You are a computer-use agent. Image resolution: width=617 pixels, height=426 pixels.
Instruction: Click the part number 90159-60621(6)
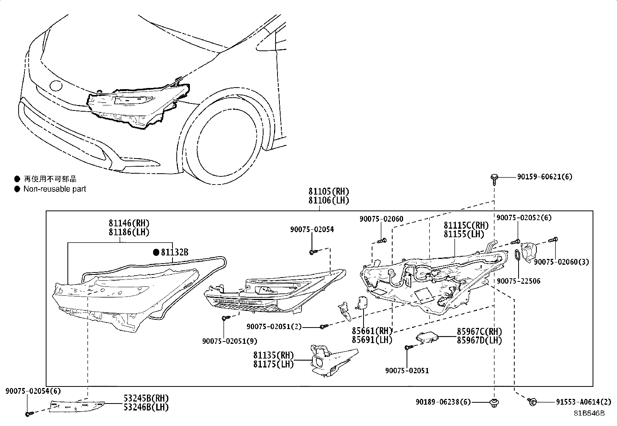click(545, 177)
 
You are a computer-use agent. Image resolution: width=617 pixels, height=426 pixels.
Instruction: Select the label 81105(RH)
click(329, 191)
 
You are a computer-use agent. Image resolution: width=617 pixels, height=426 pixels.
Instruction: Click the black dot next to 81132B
click(156, 253)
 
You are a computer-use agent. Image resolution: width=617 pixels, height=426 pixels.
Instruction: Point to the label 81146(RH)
click(129, 223)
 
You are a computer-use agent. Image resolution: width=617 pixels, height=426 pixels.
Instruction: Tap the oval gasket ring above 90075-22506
click(517, 256)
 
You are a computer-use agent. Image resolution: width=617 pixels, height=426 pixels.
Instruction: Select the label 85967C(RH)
click(479, 332)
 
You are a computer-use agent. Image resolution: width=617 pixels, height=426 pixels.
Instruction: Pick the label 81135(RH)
click(274, 355)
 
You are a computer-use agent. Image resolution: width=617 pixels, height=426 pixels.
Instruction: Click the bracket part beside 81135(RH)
click(329, 360)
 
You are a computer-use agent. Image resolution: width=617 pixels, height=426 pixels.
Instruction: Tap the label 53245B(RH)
click(146, 398)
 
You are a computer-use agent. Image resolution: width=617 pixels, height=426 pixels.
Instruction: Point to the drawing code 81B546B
click(589, 413)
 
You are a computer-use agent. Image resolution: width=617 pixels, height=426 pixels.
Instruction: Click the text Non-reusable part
click(55, 189)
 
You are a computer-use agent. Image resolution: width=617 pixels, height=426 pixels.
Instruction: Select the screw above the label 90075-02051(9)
click(224, 318)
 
